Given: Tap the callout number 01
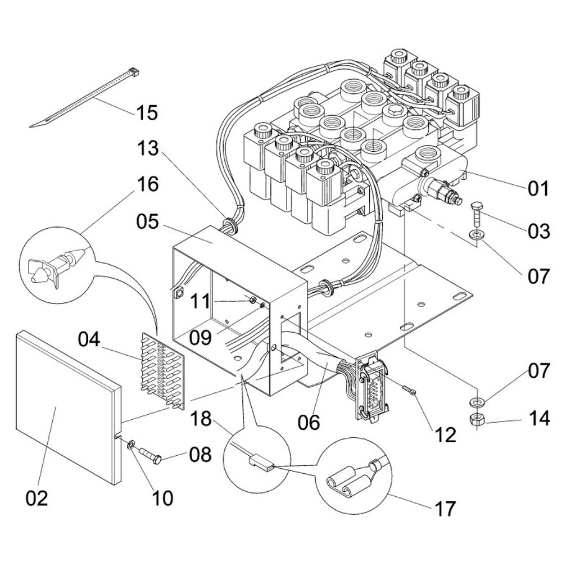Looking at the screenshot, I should [537, 189].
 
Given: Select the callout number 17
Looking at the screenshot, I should [445, 509].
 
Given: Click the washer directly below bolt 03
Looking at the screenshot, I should [477, 234].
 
